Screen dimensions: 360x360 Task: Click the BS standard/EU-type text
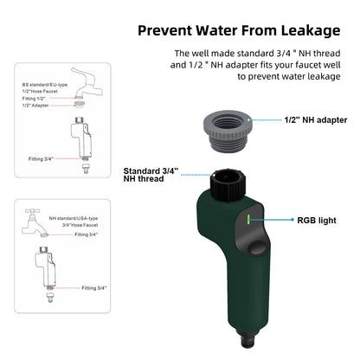[46, 86]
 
